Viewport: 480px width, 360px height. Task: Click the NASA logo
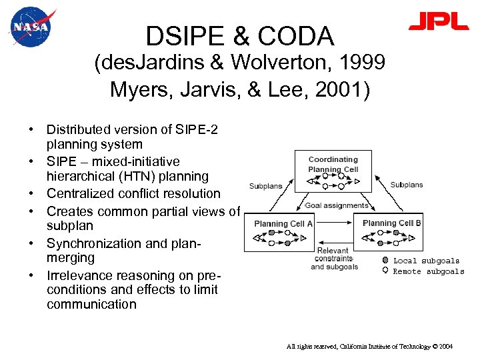click(31, 27)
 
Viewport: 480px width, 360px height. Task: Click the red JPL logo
click(438, 22)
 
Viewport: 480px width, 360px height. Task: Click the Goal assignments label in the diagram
click(337, 205)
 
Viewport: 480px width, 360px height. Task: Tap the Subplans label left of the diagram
click(265, 186)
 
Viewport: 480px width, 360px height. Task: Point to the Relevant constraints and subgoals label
click(334, 259)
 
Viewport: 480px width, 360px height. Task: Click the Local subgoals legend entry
click(425, 261)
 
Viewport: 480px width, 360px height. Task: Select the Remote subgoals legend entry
click(428, 271)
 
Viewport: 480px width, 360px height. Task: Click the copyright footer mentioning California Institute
click(369, 347)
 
